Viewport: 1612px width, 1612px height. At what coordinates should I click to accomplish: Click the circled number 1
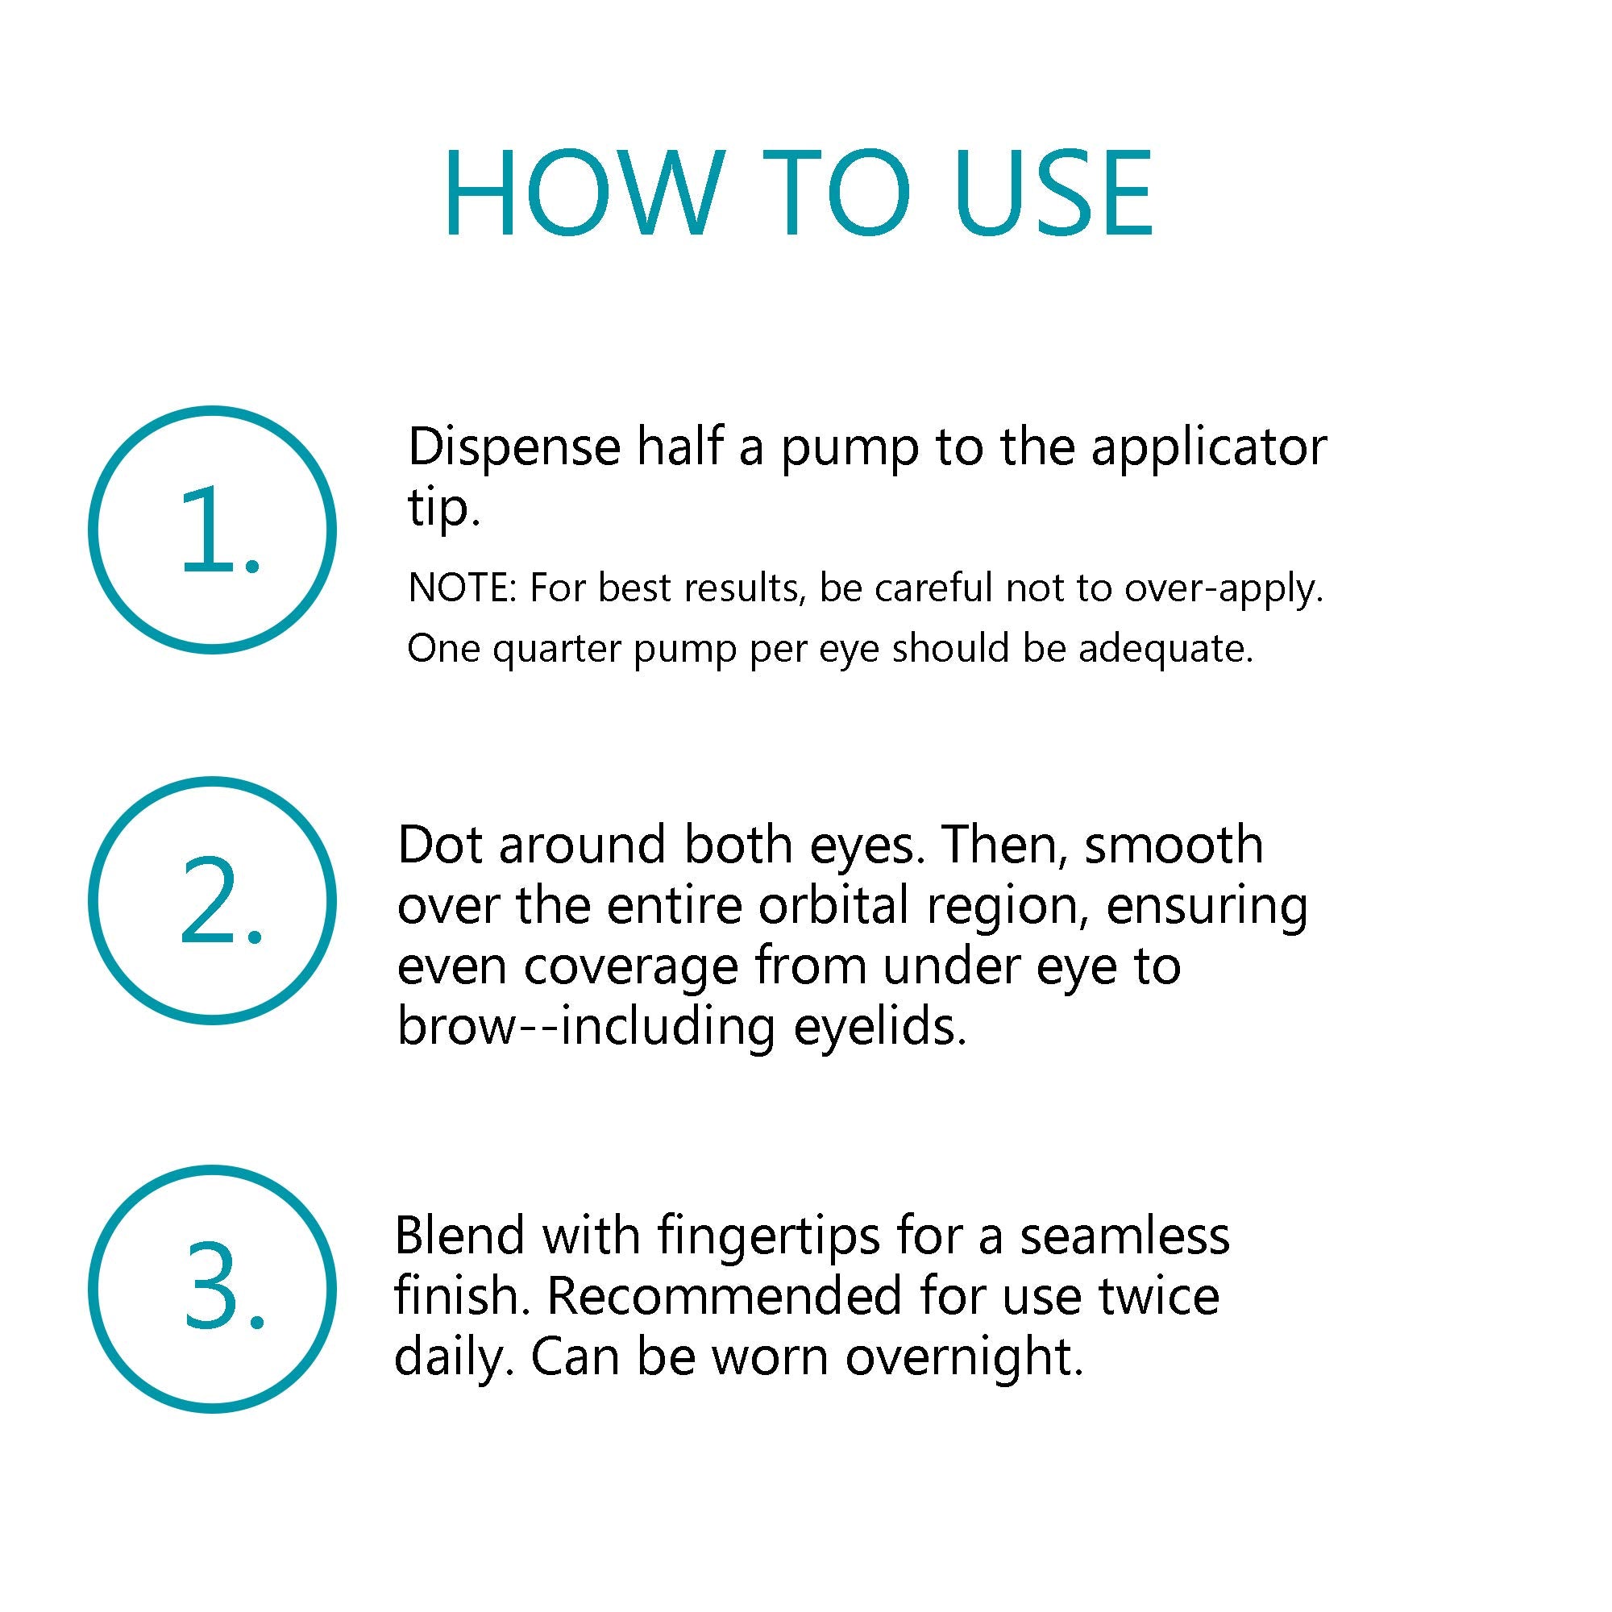coord(212,530)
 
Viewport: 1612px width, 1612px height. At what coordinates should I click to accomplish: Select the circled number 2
coord(212,900)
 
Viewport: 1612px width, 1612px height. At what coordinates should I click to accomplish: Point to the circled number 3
coord(212,1289)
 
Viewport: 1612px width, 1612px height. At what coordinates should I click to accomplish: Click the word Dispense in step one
coord(514,448)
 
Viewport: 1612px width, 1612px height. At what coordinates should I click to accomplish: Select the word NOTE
coord(458,588)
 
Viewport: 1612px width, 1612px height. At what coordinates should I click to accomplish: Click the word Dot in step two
coord(439,845)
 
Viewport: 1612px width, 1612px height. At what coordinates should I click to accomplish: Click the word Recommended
coord(725,1297)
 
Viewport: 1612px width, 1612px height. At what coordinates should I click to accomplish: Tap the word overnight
coord(964,1358)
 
